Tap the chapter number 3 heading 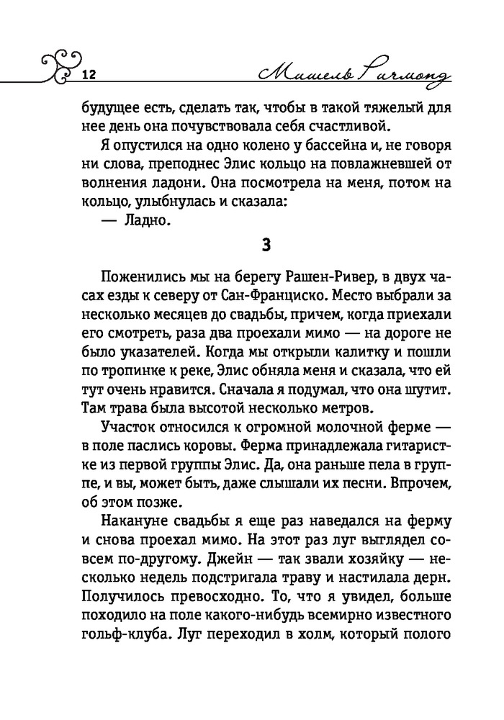tap(266, 244)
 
